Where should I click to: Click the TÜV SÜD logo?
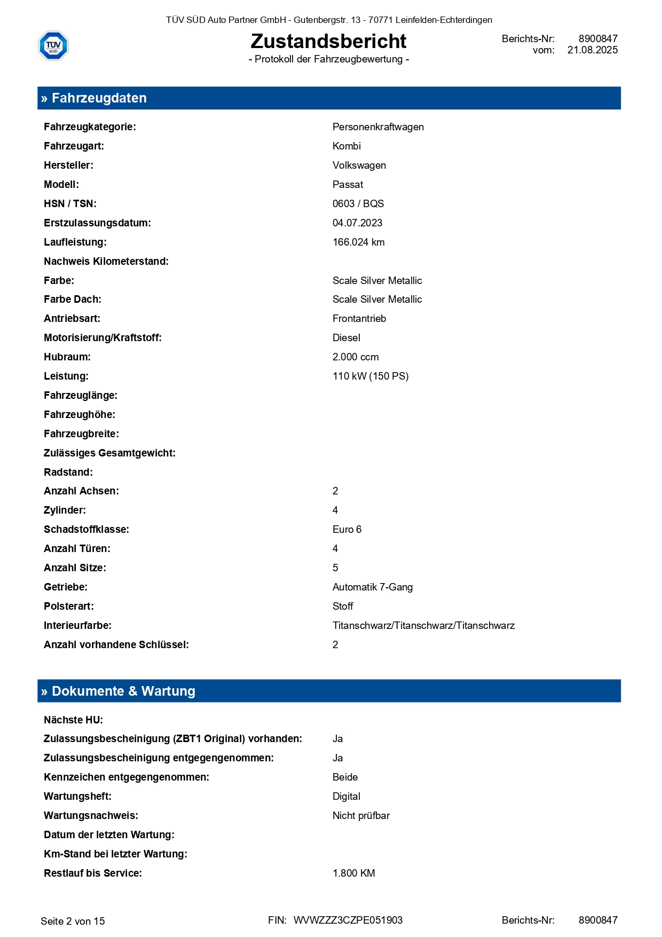click(53, 45)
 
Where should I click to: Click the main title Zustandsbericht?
click(328, 41)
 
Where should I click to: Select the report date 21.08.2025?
click(592, 50)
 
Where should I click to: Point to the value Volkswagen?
click(359, 166)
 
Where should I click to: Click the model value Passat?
click(348, 185)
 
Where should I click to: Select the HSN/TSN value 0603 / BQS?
click(358, 204)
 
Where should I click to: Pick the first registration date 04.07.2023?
click(357, 223)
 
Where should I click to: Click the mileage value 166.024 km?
click(358, 242)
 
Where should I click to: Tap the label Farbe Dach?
click(73, 300)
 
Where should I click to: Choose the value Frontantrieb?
click(359, 319)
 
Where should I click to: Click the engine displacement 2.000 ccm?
click(355, 357)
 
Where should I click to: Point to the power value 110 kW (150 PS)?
click(370, 376)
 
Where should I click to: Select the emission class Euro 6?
click(346, 530)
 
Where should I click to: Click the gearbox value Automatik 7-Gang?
click(372, 587)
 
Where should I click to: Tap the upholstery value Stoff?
click(343, 607)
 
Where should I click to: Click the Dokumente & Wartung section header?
click(123, 691)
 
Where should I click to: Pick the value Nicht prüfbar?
click(361, 816)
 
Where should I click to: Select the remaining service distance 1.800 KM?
click(353, 873)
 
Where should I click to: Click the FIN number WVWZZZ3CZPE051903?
click(348, 920)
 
